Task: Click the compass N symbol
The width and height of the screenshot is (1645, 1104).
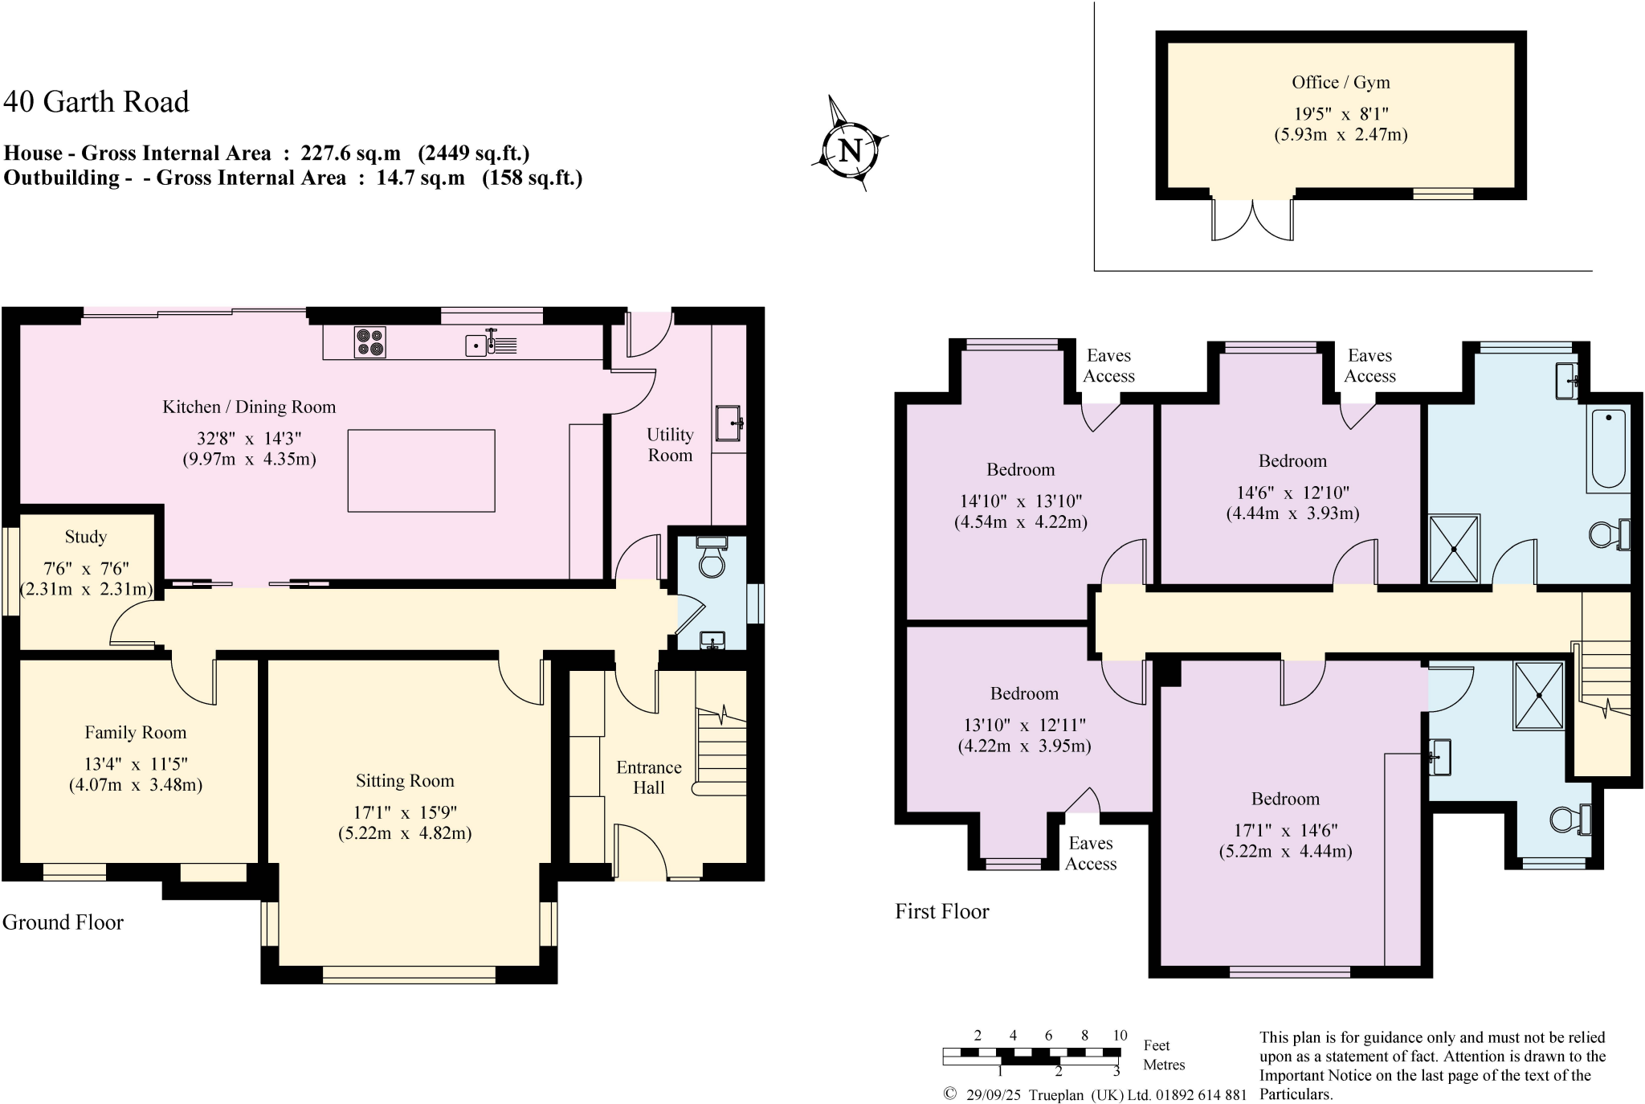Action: click(850, 150)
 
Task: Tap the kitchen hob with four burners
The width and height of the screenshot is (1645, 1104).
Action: click(369, 342)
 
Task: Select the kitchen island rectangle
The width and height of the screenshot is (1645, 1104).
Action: click(421, 471)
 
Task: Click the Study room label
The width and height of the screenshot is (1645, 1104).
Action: click(86, 537)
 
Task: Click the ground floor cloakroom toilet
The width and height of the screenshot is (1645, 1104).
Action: click(712, 558)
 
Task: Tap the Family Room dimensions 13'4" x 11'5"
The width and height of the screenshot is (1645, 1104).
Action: click(136, 764)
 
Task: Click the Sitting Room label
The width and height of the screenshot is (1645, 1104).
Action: click(405, 781)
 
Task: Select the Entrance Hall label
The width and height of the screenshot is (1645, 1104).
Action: click(649, 777)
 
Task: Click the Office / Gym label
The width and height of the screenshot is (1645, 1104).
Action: click(1341, 82)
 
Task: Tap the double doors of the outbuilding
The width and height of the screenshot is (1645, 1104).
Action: click(1252, 219)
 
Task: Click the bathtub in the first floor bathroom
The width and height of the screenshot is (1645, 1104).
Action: click(1608, 448)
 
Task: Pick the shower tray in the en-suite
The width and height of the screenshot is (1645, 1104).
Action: click(1538, 696)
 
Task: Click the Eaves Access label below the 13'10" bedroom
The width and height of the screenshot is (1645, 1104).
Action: click(1091, 853)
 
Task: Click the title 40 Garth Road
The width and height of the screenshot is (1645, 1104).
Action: click(96, 102)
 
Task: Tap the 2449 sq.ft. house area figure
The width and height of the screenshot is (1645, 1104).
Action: click(474, 153)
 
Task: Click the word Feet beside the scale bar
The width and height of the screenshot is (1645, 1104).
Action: click(1156, 1045)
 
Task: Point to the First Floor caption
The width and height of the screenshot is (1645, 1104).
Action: click(942, 911)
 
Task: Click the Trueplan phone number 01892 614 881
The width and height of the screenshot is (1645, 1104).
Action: click(1201, 1094)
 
